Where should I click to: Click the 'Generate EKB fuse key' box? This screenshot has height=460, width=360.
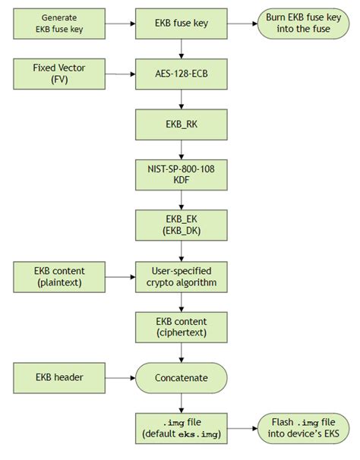coord(59,24)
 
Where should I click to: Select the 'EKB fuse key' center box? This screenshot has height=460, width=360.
coord(181,24)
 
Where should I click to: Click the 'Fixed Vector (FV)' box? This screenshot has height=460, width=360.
coord(59,74)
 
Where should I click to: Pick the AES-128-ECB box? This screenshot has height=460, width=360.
coord(181,74)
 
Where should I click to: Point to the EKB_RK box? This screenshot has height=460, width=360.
coord(181,124)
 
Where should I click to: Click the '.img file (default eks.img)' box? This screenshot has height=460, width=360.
coord(181,427)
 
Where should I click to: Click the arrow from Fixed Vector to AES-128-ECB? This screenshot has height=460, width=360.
coord(120,74)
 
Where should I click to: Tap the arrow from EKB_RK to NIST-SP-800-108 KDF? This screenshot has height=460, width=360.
coord(181,149)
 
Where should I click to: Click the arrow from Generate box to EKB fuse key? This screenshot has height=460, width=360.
coord(120,24)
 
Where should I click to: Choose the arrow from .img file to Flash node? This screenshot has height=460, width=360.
coord(242,427)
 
